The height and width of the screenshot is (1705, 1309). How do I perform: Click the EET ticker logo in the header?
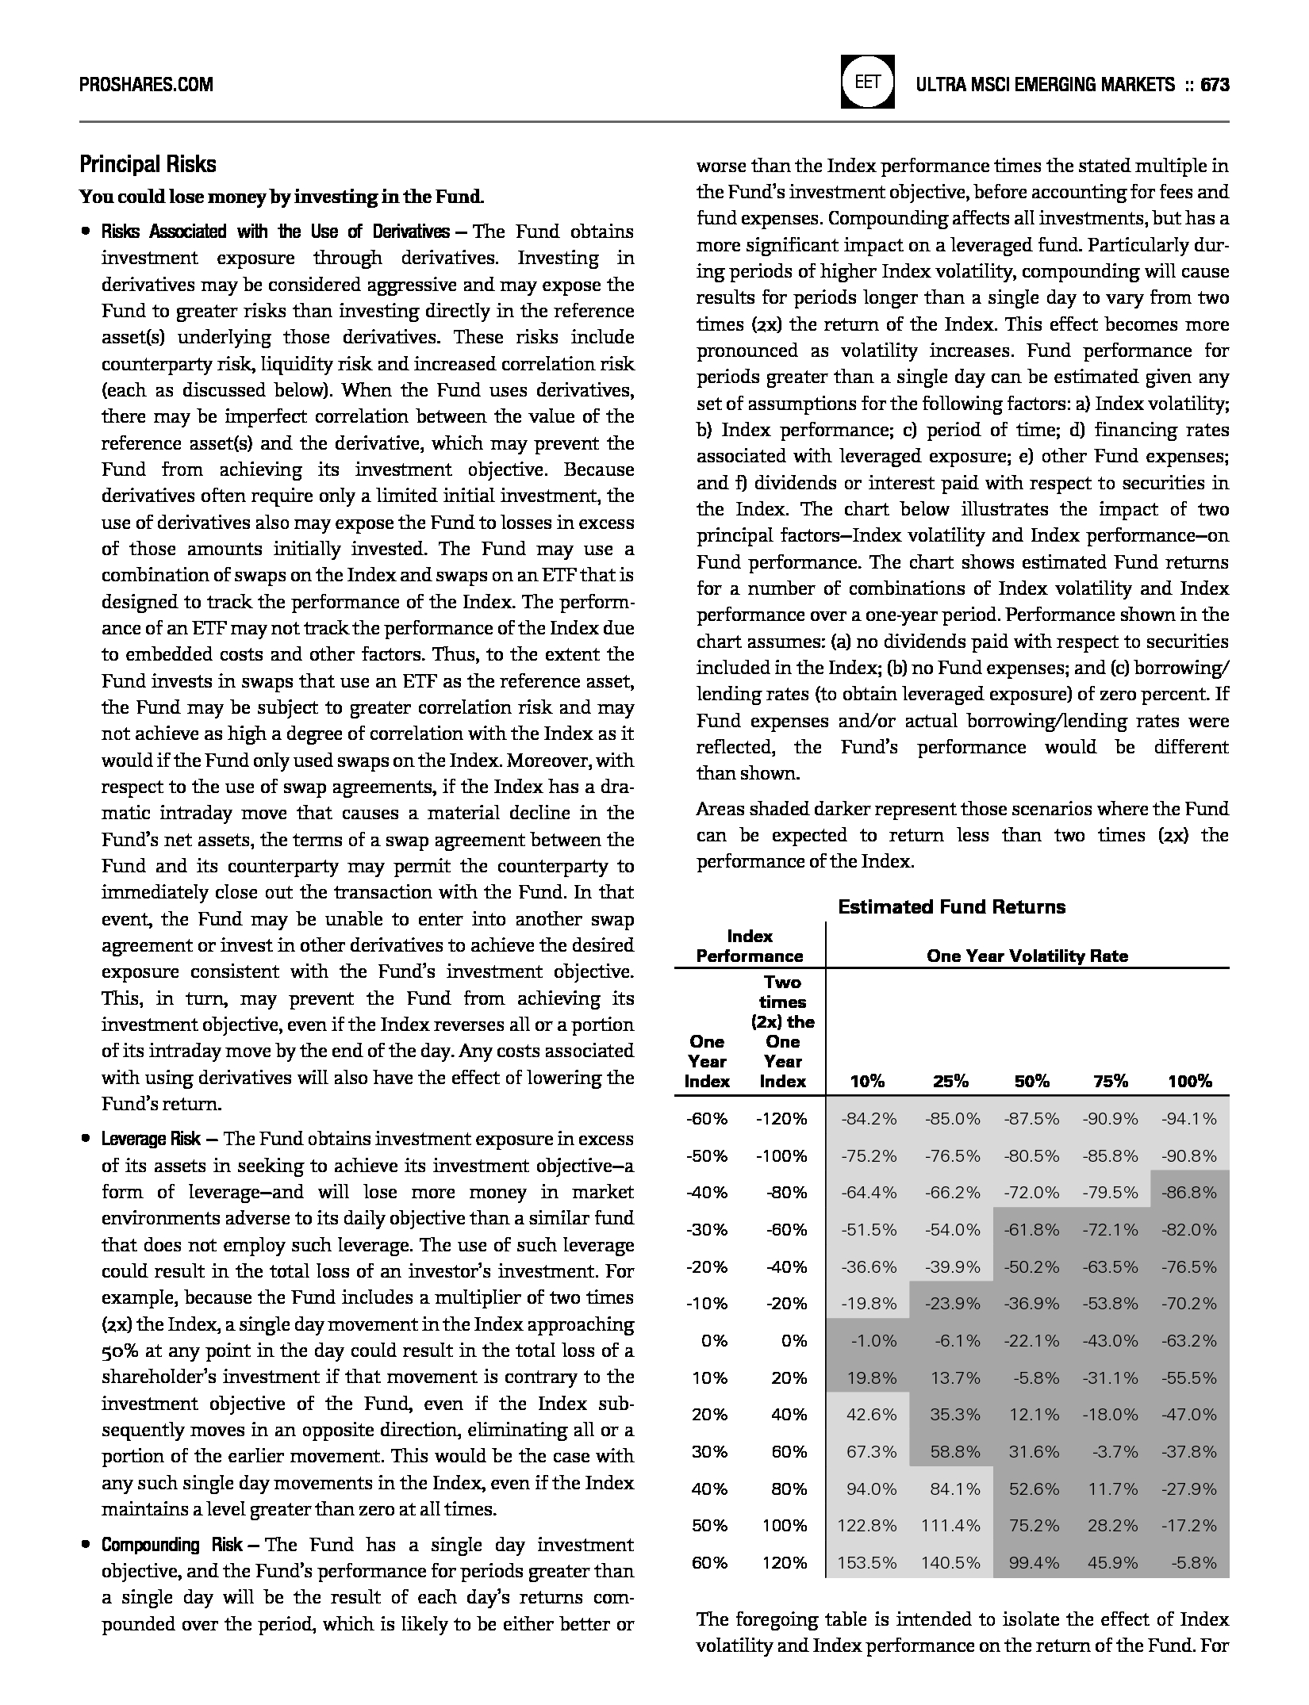point(867,82)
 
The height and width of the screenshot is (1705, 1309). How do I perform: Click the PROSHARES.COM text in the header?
point(146,84)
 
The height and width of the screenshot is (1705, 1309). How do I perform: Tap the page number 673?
point(1215,84)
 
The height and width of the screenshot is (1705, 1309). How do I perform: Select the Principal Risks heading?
point(148,164)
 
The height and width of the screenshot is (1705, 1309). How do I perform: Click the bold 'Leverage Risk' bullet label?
point(151,1139)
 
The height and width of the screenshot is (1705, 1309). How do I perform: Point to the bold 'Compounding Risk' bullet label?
point(171,1545)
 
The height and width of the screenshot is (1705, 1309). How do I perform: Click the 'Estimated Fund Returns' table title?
point(951,906)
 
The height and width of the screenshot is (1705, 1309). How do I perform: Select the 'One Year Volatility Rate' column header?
point(1027,956)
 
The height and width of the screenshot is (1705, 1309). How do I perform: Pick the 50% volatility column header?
point(1031,1081)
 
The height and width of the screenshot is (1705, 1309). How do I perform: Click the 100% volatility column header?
point(1189,1081)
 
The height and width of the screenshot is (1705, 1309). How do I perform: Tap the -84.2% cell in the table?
point(869,1119)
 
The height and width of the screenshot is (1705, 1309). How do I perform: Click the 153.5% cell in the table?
point(867,1562)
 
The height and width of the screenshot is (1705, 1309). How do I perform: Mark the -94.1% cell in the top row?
point(1188,1119)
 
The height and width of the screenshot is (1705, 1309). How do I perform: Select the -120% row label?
point(781,1119)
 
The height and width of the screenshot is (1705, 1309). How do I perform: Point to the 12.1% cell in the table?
point(1034,1414)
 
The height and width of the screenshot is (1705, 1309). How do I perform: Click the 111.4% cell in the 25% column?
point(950,1525)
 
